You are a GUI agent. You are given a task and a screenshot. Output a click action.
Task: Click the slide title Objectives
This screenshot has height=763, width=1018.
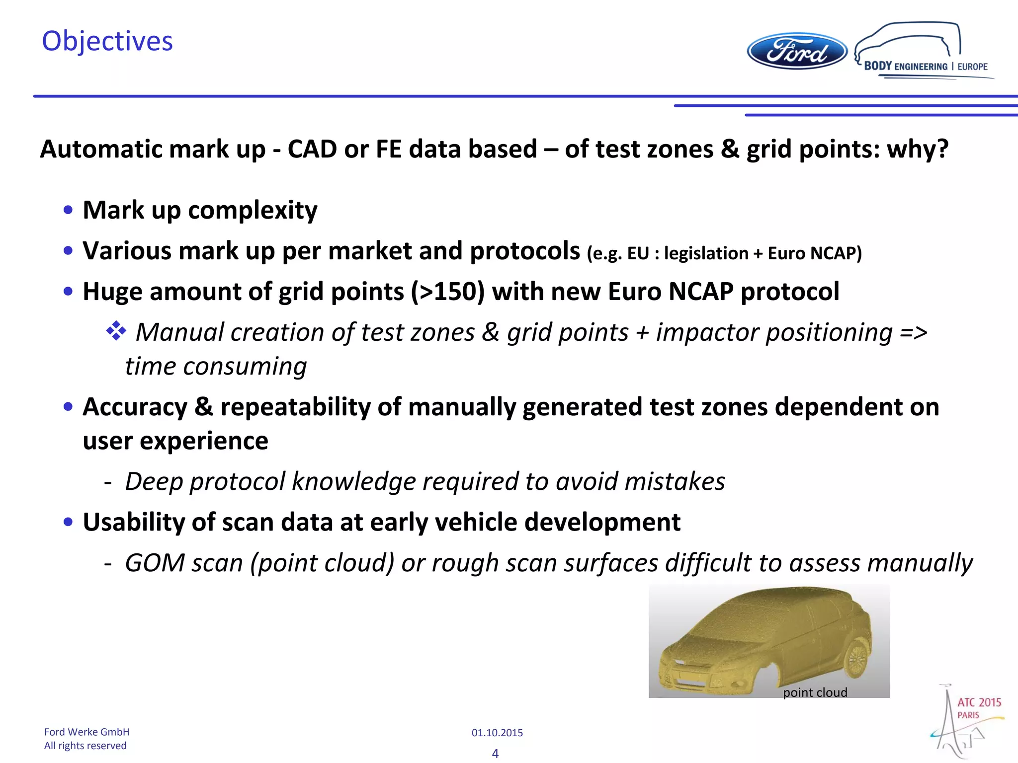pyautogui.click(x=107, y=41)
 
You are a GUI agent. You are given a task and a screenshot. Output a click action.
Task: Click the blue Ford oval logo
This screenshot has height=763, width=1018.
pyautogui.click(x=797, y=52)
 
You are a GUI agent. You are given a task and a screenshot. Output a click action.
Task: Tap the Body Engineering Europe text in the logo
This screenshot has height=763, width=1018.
pyautogui.click(x=925, y=66)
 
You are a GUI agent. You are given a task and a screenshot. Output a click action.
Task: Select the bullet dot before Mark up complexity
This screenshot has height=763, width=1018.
pyautogui.click(x=68, y=210)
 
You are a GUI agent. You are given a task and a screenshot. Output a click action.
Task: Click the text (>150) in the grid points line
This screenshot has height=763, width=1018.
pyautogui.click(x=447, y=292)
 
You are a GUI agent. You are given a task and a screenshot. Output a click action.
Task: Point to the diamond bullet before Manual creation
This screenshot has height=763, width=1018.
pyautogui.click(x=116, y=331)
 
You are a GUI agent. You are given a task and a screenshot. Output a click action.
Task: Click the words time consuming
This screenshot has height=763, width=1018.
pyautogui.click(x=215, y=367)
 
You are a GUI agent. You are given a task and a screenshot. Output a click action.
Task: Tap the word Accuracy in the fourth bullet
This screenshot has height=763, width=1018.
pyautogui.click(x=135, y=407)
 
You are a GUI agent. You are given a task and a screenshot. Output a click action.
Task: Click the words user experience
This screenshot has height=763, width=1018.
pyautogui.click(x=175, y=441)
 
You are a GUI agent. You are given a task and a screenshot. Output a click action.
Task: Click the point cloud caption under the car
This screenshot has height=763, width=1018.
pyautogui.click(x=815, y=692)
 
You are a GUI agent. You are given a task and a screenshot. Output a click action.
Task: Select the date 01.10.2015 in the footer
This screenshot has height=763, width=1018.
pyautogui.click(x=497, y=733)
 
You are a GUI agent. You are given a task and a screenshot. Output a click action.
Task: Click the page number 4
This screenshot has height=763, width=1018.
pyautogui.click(x=495, y=754)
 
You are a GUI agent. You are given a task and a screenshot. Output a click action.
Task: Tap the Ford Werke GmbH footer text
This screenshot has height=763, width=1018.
pyautogui.click(x=86, y=732)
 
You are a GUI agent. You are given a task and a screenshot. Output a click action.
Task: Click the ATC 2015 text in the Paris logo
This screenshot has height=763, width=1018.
pyautogui.click(x=979, y=702)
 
